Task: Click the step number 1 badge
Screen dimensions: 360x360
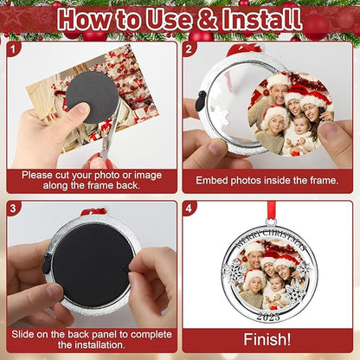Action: [13, 49]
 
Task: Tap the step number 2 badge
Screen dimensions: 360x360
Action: [189, 49]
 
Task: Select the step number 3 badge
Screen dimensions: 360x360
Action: [13, 208]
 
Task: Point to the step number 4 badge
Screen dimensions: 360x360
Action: [189, 208]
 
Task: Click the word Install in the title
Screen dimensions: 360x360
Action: [262, 19]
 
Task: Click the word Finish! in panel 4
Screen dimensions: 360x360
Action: [267, 339]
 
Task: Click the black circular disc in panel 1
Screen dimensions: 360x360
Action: [93, 96]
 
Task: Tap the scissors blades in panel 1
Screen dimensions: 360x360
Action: [112, 130]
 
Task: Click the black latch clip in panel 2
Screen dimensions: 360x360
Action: [202, 101]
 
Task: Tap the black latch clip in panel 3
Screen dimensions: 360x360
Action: [47, 263]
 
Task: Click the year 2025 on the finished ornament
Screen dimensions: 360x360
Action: [268, 317]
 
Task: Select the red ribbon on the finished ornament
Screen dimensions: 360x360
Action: [271, 210]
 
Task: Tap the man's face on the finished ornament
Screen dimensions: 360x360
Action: [256, 259]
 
